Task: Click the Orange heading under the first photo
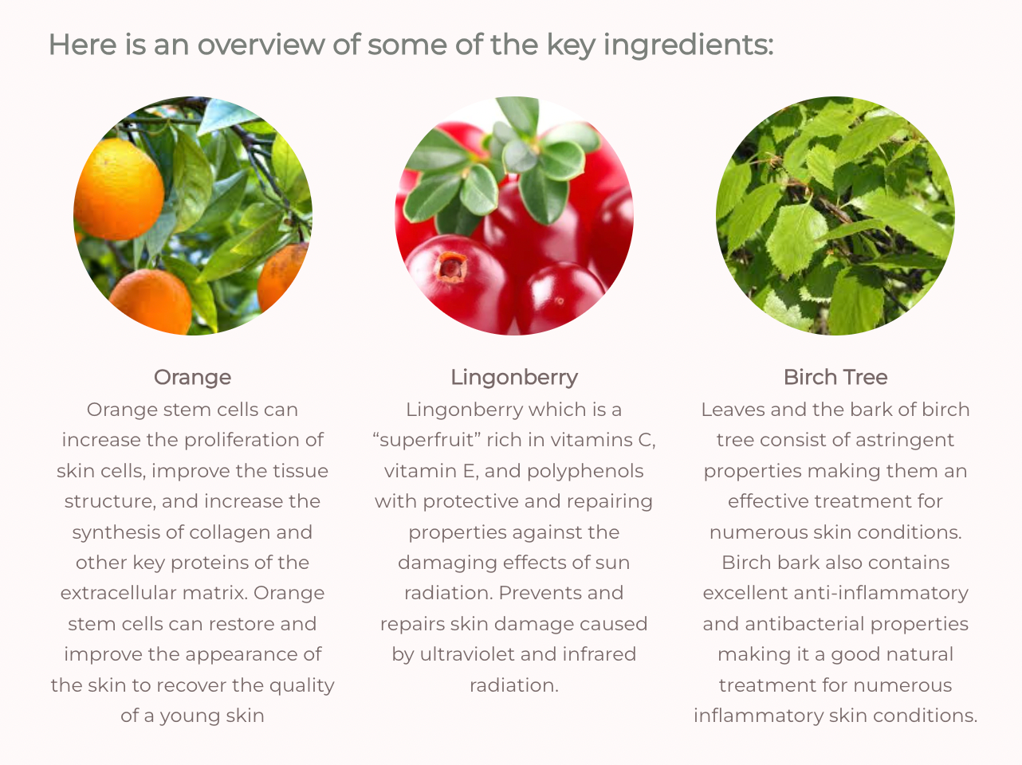(192, 378)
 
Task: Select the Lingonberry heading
(514, 378)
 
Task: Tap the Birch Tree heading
(835, 378)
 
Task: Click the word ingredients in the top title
(689, 45)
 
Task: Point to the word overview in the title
(261, 45)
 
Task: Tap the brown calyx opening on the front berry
(450, 267)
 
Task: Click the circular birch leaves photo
(835, 215)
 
